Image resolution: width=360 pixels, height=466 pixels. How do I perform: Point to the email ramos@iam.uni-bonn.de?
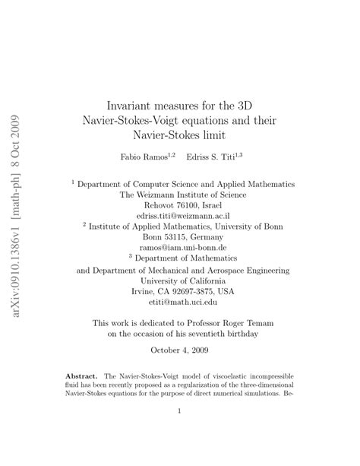point(180,247)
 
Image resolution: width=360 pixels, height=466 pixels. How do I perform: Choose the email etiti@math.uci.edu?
point(180,302)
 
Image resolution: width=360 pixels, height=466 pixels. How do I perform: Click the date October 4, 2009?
point(180,350)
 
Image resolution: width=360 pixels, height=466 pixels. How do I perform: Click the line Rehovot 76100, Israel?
point(180,204)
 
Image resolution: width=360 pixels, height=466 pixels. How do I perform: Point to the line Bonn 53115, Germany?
point(180,236)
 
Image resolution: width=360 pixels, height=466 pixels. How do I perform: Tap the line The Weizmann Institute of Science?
point(180,194)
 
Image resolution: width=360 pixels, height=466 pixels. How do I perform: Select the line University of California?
point(180,280)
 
